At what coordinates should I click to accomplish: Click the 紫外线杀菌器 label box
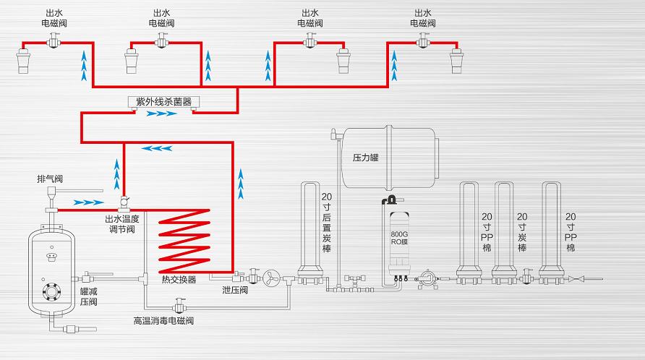159,102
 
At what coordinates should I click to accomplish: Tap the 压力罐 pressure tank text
365,157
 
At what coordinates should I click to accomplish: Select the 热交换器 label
178,280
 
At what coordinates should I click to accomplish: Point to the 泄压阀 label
235,290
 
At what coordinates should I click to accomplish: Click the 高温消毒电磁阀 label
163,320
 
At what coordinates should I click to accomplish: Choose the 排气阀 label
50,179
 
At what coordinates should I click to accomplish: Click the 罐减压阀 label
88,296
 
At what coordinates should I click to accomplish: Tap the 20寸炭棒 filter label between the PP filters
522,232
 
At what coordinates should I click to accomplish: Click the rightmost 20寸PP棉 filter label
571,232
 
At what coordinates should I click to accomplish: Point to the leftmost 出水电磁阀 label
53,18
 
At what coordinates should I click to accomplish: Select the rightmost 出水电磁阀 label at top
423,18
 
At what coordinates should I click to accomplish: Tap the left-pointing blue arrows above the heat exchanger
156,148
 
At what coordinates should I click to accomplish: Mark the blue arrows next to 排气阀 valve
88,202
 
